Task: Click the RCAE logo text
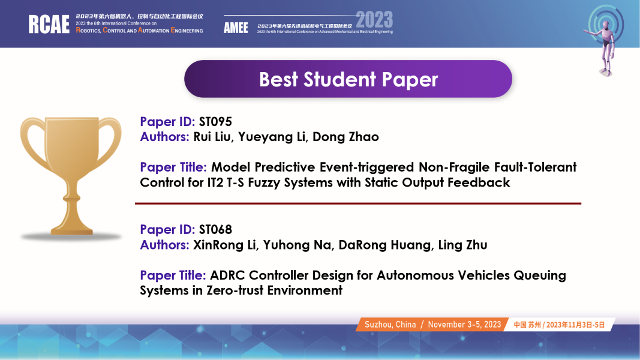49,24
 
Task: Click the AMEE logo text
236,28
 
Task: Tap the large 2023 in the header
374,20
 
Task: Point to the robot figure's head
606,26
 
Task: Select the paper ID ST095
215,122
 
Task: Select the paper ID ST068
215,229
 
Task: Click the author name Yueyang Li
272,137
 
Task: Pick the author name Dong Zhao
345,137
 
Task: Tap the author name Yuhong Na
298,245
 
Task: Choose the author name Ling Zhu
463,245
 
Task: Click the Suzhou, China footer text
390,325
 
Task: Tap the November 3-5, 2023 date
464,325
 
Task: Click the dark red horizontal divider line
358,203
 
